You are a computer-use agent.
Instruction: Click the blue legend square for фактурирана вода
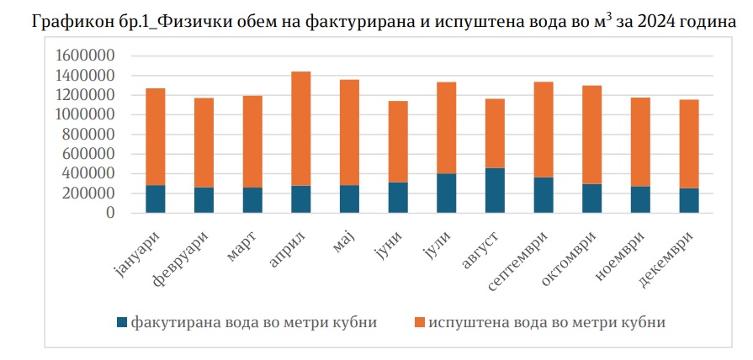pyautogui.click(x=122, y=323)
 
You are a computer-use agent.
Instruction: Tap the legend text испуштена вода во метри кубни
pyautogui.click(x=547, y=323)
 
